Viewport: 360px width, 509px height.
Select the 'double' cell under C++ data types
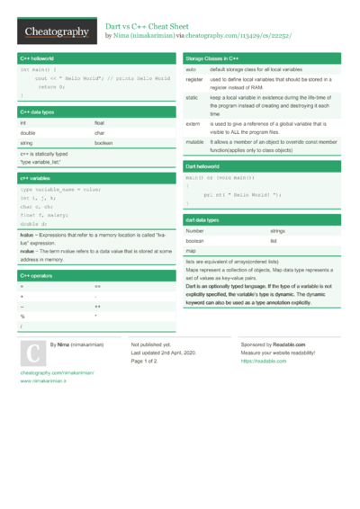(29, 133)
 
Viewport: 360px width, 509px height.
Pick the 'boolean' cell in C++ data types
(104, 143)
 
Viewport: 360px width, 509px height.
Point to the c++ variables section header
(38, 178)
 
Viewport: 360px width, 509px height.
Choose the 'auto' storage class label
(191, 69)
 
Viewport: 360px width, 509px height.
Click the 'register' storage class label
(194, 80)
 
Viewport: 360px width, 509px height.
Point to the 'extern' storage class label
(193, 123)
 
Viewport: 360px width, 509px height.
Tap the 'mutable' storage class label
(194, 142)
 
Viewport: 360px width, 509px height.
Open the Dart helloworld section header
(203, 167)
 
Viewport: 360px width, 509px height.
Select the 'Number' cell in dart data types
(195, 231)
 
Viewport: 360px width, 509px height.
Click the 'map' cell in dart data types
(191, 251)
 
